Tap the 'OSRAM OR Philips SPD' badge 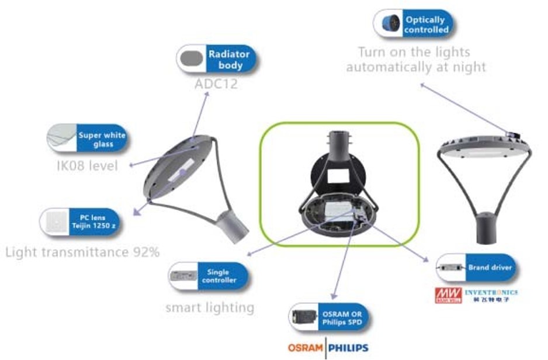coord(344,317)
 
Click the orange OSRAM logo coord(305,348)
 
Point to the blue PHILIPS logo coord(348,348)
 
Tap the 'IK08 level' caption coord(88,166)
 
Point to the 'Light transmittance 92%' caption coord(82,252)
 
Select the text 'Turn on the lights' coord(414,52)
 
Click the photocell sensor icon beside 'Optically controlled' coord(387,24)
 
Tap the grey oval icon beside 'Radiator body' coord(191,59)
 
